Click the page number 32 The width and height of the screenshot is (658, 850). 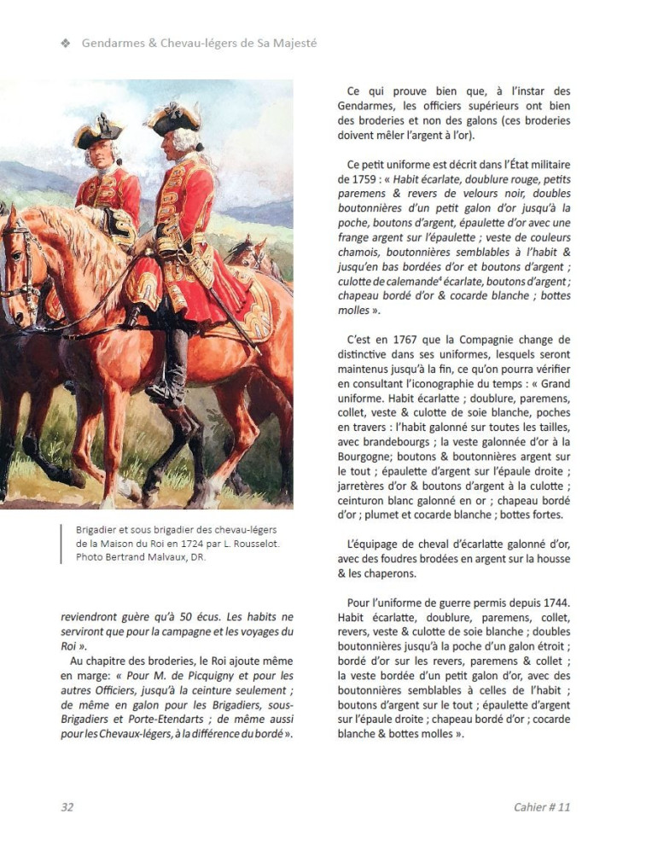(x=67, y=806)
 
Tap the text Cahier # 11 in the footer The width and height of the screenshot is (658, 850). (x=541, y=806)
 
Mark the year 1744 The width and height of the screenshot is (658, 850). (x=552, y=603)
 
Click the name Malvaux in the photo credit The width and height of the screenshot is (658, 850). (x=173, y=557)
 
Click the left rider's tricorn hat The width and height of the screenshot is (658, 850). (x=98, y=131)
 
